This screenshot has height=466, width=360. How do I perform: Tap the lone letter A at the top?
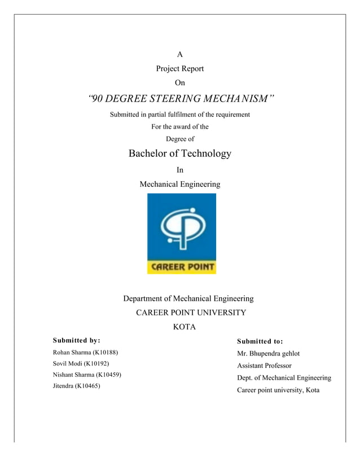[x=180, y=55]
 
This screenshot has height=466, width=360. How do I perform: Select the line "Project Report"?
[x=180, y=69]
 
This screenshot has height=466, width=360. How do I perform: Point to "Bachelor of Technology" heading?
[x=180, y=153]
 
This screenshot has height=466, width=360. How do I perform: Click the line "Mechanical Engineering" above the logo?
[x=180, y=184]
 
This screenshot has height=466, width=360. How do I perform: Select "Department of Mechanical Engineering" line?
[x=188, y=298]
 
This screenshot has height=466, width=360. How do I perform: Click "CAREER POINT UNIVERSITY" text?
[x=191, y=313]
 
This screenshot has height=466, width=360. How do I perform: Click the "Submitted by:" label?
[x=76, y=340]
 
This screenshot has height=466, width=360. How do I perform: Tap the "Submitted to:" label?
[x=260, y=341]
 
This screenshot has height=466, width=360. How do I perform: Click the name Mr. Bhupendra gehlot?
[x=269, y=354]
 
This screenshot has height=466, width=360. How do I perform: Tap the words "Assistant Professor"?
[x=264, y=366]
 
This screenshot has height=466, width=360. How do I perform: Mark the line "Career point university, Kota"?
[x=278, y=390]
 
